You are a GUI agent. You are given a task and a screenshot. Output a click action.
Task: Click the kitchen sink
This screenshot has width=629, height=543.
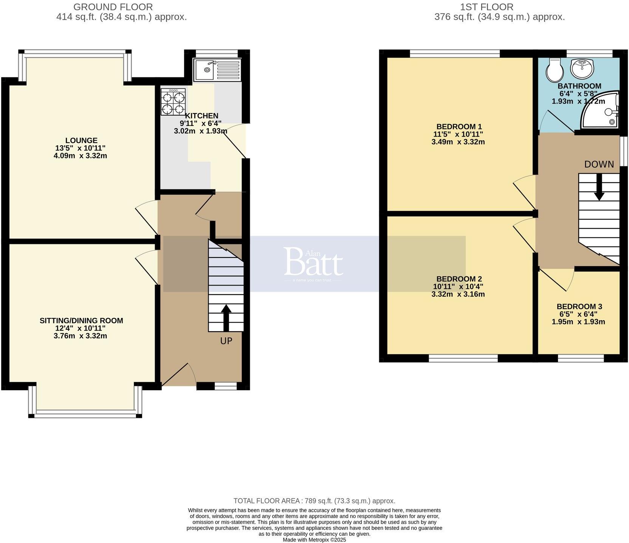[217, 70]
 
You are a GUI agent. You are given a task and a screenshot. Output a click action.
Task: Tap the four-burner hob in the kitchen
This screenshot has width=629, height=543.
[173, 102]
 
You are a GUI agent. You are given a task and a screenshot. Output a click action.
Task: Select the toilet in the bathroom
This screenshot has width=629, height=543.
[554, 70]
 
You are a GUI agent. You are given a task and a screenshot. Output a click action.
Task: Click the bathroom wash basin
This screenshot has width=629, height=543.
[582, 68]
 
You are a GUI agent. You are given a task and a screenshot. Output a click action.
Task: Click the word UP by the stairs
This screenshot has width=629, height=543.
[226, 341]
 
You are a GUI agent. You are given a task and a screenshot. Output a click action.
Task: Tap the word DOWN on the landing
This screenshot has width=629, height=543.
[599, 164]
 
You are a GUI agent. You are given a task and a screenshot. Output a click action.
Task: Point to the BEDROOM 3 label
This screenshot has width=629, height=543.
[579, 306]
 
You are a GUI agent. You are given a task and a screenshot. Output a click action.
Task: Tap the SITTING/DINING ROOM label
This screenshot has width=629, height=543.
[81, 320]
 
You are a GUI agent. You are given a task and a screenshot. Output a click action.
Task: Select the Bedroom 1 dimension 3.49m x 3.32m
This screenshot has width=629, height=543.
[458, 142]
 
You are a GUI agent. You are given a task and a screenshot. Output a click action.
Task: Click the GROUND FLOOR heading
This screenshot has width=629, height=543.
[113, 7]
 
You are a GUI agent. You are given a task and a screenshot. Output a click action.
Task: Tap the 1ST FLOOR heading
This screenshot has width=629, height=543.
[486, 7]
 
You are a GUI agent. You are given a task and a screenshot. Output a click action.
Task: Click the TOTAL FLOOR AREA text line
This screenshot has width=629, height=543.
[314, 501]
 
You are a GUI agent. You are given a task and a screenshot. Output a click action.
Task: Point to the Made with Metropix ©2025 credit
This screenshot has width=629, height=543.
[314, 540]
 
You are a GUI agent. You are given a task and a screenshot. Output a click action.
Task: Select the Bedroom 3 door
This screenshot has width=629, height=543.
[559, 280]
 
